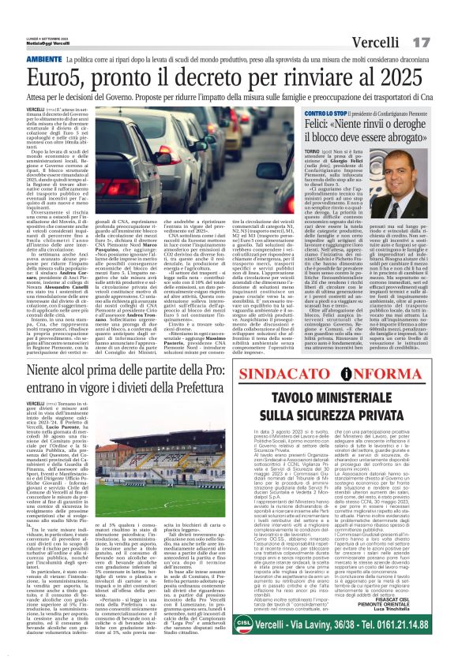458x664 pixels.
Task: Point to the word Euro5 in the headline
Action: [x=62, y=78]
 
